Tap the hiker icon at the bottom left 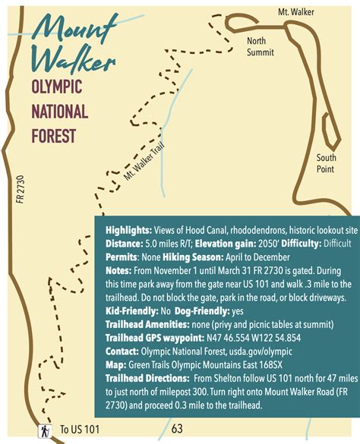46,430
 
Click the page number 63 178,429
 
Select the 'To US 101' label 80,430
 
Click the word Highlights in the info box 128,228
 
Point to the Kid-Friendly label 128,310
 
